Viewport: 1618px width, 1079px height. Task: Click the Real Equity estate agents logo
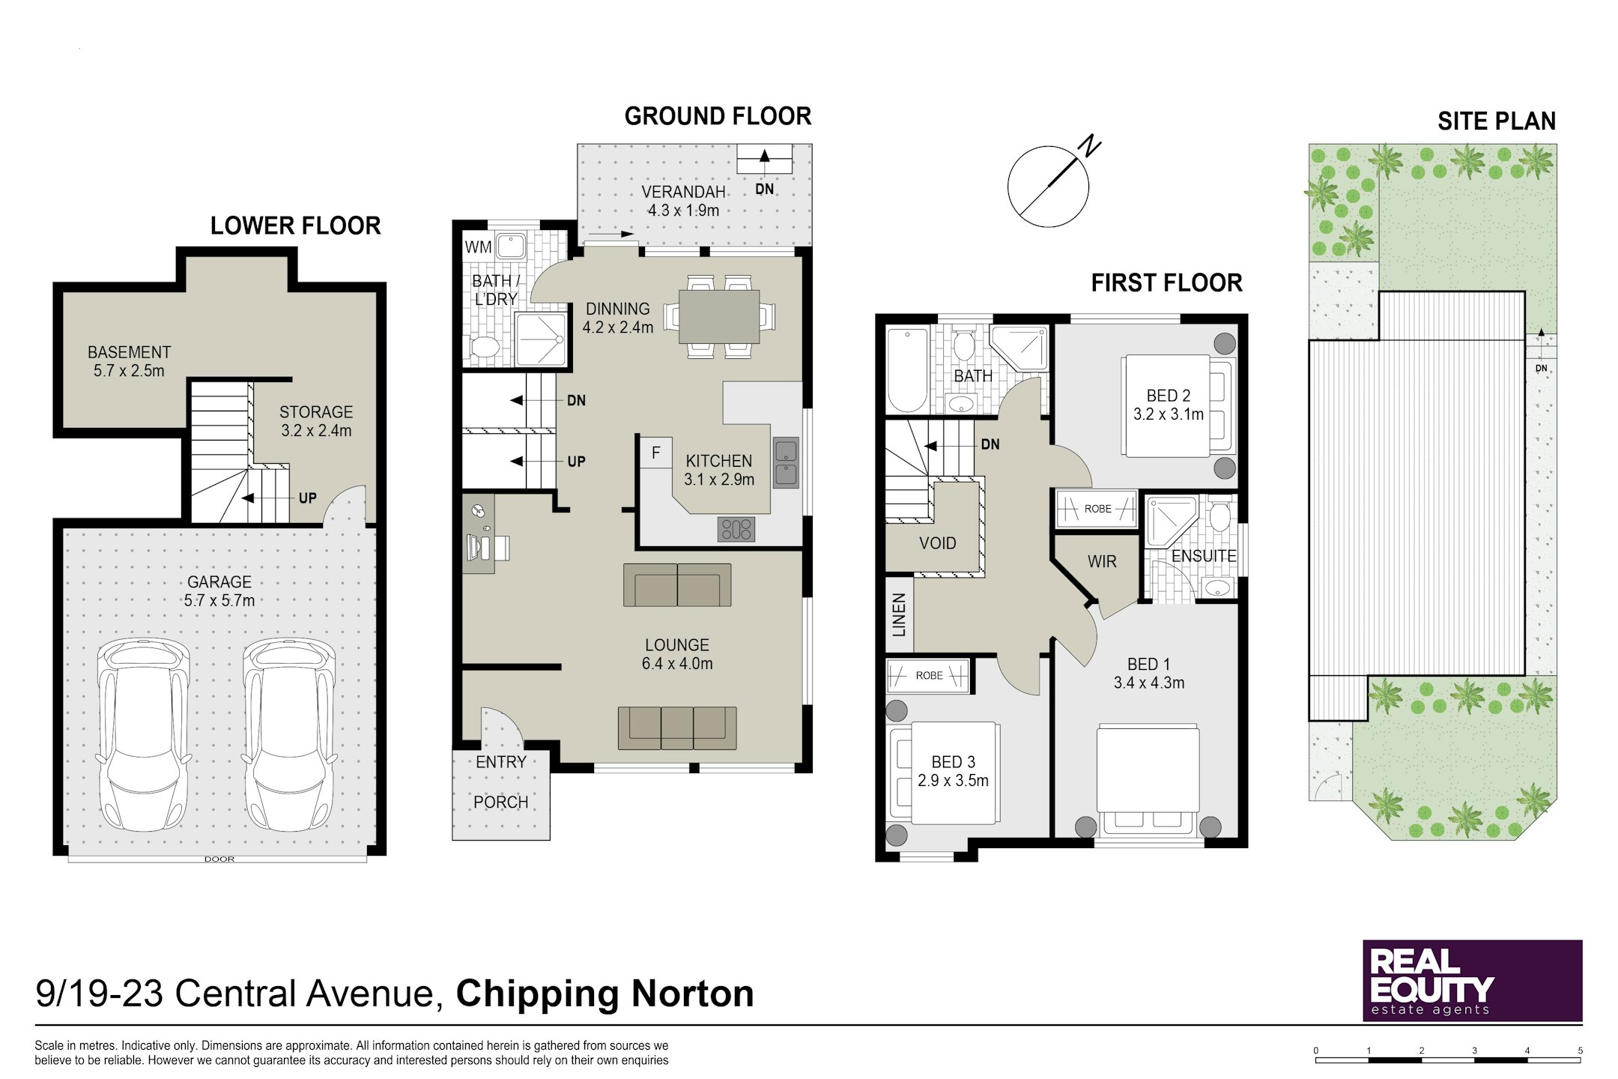point(1472,980)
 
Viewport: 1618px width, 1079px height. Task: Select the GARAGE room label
point(219,582)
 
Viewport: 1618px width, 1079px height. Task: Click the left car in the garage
point(143,734)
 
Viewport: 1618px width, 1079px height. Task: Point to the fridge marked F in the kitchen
point(655,453)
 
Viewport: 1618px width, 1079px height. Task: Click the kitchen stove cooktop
point(736,529)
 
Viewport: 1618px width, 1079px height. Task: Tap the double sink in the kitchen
point(786,462)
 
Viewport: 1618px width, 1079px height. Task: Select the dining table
point(719,316)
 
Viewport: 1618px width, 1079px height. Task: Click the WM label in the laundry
point(478,247)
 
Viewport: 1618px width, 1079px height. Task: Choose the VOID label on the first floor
point(937,543)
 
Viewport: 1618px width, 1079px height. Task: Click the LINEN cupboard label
point(899,614)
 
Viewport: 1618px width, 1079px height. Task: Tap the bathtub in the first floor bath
point(908,370)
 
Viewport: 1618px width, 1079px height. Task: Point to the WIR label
point(1102,561)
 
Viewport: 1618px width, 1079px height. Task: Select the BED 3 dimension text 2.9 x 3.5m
point(953,781)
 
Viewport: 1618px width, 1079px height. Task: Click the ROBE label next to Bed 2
point(1097,509)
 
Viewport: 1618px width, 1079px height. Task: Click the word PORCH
point(500,803)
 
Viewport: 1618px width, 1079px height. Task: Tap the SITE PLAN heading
point(1497,121)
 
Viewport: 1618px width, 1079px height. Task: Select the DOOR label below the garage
point(219,859)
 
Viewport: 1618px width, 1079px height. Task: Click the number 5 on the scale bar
point(1581,1051)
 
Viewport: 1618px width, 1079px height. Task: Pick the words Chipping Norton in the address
point(605,994)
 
